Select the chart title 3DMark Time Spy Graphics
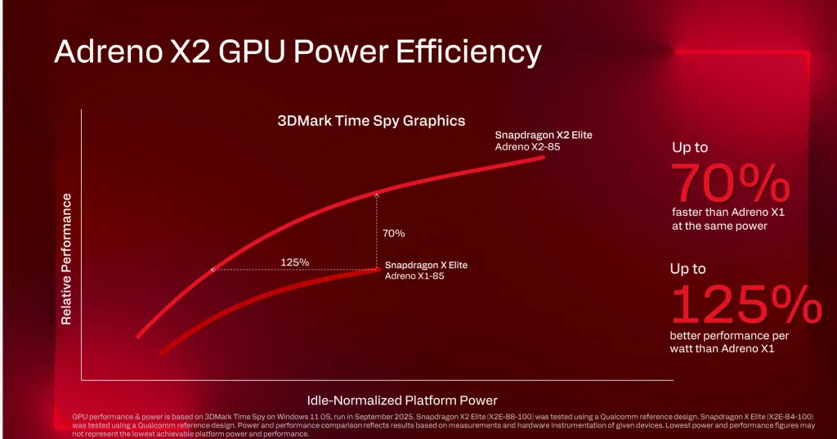[371, 121]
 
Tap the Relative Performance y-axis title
[67, 259]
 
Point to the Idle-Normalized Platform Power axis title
[402, 400]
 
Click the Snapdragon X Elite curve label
[426, 265]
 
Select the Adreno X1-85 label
[414, 276]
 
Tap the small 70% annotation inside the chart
[393, 233]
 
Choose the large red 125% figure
[745, 305]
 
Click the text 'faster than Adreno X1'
[718, 213]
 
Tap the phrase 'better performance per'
[722, 336]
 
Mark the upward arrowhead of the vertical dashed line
[377, 194]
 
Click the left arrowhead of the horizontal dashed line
[213, 269]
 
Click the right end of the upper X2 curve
[542, 158]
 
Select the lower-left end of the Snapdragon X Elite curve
[162, 353]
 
